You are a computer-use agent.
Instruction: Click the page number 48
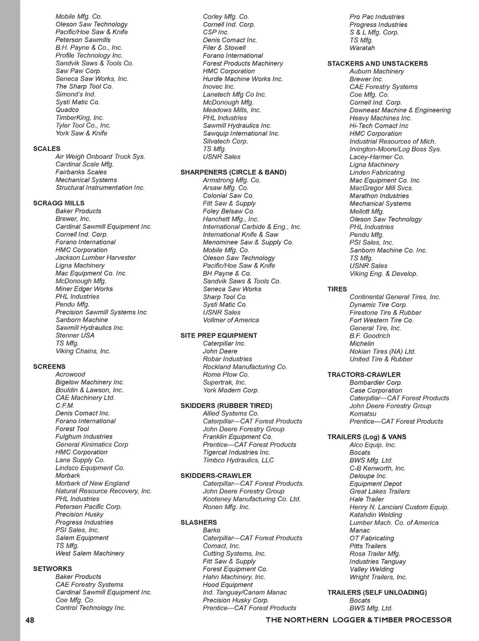coord(30,620)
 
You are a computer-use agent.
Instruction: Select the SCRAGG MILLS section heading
coord(58,203)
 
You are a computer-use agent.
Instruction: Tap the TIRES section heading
coord(337,289)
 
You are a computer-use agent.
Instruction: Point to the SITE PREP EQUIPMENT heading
coord(219,335)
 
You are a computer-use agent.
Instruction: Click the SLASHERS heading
coord(199,522)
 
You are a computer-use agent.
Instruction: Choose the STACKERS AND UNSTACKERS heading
coord(377,63)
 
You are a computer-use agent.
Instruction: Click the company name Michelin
coord(362,343)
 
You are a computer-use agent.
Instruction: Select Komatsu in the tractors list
coord(363,413)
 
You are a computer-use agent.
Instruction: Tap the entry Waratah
coord(362,48)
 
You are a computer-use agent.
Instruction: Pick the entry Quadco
coord(67,110)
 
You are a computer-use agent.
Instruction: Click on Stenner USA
coord(75,335)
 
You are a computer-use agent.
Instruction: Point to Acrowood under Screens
coord(70,374)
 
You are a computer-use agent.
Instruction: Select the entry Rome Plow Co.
coord(226,374)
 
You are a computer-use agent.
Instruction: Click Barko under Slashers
coord(212,530)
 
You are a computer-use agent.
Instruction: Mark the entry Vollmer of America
coord(231,320)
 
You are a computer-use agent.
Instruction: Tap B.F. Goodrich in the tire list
coord(370,335)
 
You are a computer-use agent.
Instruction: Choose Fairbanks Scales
coord(81,172)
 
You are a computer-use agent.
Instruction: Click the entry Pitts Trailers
coord(368,546)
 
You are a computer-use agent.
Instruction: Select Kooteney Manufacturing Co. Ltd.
coord(251,499)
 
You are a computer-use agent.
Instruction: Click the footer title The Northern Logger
coord(358,620)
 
